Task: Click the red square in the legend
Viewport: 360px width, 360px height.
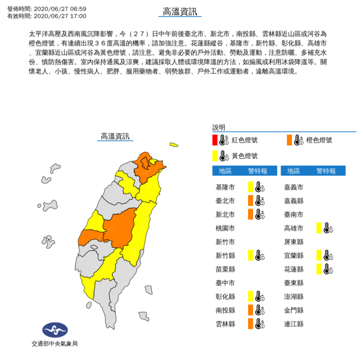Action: tap(215, 140)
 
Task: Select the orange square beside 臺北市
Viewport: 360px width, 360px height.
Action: tap(250, 200)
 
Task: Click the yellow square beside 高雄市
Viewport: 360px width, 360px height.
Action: tap(319, 227)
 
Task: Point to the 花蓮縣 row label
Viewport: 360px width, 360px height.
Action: tap(295, 269)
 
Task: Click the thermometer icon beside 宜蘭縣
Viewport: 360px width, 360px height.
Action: tap(327, 255)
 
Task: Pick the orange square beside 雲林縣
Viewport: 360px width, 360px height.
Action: tap(250, 323)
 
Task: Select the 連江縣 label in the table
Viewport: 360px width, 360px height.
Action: tap(295, 323)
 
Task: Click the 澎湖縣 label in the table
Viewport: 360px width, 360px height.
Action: tap(295, 296)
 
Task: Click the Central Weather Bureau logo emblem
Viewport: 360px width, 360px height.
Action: tap(54, 331)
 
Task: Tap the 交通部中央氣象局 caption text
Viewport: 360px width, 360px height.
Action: tap(54, 344)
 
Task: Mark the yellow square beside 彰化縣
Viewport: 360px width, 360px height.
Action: tap(250, 296)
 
